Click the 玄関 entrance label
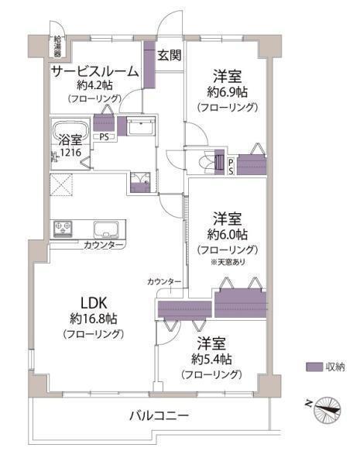point(170,55)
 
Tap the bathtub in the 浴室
point(70,129)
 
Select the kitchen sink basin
point(106,229)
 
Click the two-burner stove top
point(63,229)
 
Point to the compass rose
point(327,409)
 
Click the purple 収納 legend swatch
point(314,367)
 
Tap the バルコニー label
point(159,415)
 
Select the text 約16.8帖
point(94,319)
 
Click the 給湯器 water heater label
point(57,46)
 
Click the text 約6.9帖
point(228,92)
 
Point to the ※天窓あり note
point(228,262)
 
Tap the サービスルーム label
point(95,71)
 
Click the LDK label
point(94,303)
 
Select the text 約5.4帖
point(211,360)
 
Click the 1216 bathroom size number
point(70,153)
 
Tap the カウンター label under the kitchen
point(104,245)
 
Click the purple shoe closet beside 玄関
point(149,64)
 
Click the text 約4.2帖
point(94,85)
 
